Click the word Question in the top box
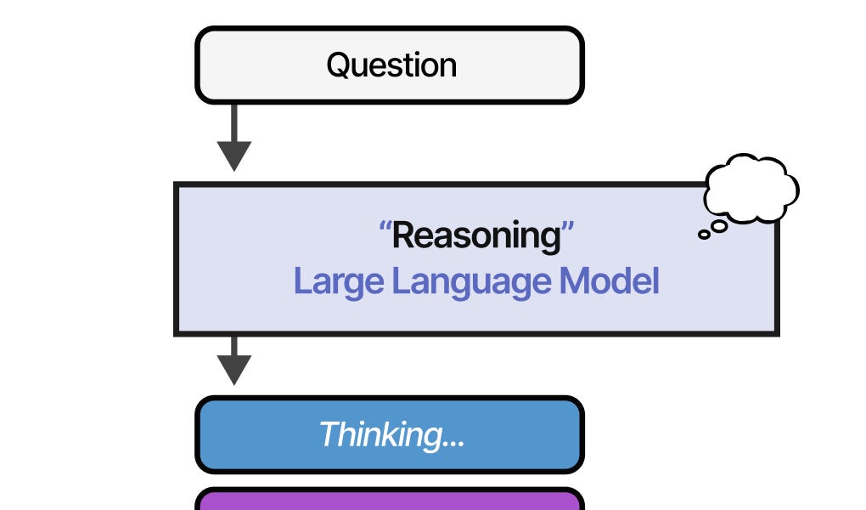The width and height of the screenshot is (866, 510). pyautogui.click(x=391, y=65)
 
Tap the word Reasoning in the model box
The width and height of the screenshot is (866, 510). pyautogui.click(x=476, y=235)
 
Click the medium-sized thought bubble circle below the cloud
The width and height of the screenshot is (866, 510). pyautogui.click(x=718, y=225)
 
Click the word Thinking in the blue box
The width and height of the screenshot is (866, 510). pyautogui.click(x=377, y=434)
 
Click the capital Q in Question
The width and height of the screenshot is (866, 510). pyautogui.click(x=339, y=65)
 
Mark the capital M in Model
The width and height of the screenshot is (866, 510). pyautogui.click(x=575, y=281)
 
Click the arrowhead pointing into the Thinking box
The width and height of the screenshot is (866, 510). pyautogui.click(x=234, y=370)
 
